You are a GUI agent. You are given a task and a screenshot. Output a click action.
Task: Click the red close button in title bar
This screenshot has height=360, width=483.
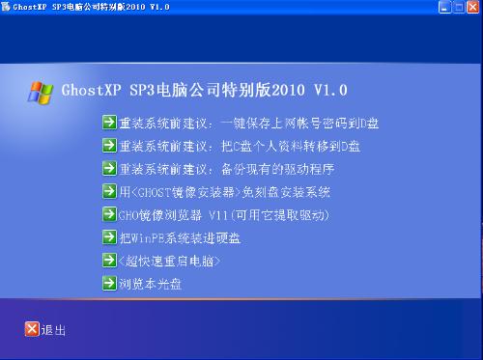[x=472, y=7]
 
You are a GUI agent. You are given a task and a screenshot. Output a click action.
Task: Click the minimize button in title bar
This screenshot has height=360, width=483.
[x=444, y=7]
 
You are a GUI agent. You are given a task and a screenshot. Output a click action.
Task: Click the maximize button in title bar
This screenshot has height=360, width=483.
[x=459, y=7]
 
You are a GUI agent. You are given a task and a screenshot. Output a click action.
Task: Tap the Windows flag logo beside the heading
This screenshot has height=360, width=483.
[x=41, y=93]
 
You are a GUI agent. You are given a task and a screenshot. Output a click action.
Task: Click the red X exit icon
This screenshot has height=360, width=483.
[x=32, y=329]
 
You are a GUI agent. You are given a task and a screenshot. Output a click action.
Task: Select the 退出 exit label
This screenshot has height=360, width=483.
[x=53, y=330]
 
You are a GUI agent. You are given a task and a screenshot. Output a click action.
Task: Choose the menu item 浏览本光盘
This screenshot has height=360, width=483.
[x=150, y=284]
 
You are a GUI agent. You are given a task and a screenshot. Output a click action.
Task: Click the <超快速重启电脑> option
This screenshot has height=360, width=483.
[x=169, y=261]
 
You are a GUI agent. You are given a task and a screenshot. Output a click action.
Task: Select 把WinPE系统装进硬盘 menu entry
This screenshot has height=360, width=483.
[x=180, y=238]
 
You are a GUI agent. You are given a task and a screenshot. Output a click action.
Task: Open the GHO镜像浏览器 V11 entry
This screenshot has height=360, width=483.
[x=223, y=215]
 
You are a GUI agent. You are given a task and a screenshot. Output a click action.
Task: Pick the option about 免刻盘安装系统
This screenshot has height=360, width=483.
[x=224, y=192]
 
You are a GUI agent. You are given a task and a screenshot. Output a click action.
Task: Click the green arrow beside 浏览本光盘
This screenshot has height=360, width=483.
[x=109, y=283]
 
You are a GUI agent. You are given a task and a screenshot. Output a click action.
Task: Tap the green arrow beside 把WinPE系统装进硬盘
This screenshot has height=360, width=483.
[x=109, y=237]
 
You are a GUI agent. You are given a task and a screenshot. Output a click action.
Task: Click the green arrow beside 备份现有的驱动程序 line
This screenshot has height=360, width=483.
[x=109, y=168]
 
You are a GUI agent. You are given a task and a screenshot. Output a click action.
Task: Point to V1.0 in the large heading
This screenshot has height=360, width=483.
[x=330, y=90]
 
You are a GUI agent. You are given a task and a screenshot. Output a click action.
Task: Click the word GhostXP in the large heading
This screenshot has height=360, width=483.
[x=91, y=90]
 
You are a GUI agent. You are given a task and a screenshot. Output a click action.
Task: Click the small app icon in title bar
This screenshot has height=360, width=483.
[x=6, y=7]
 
